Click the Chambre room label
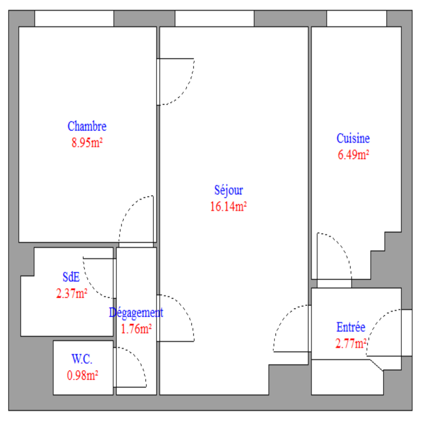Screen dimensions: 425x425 87,126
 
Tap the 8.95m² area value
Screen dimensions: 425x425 87,142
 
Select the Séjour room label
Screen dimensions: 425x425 228,190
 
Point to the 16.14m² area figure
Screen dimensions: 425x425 228,206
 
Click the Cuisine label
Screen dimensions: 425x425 353,138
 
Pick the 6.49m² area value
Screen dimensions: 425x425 353,155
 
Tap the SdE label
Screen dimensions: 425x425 71,277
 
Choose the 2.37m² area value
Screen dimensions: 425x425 72,294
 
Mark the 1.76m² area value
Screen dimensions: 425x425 136,329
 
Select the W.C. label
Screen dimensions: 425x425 82,359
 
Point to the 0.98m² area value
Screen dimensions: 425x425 82,375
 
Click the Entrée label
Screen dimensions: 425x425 351,327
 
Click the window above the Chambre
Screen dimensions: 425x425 74,19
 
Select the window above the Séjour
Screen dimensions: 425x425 215,19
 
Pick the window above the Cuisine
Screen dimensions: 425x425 357,19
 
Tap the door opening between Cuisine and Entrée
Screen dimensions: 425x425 334,283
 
